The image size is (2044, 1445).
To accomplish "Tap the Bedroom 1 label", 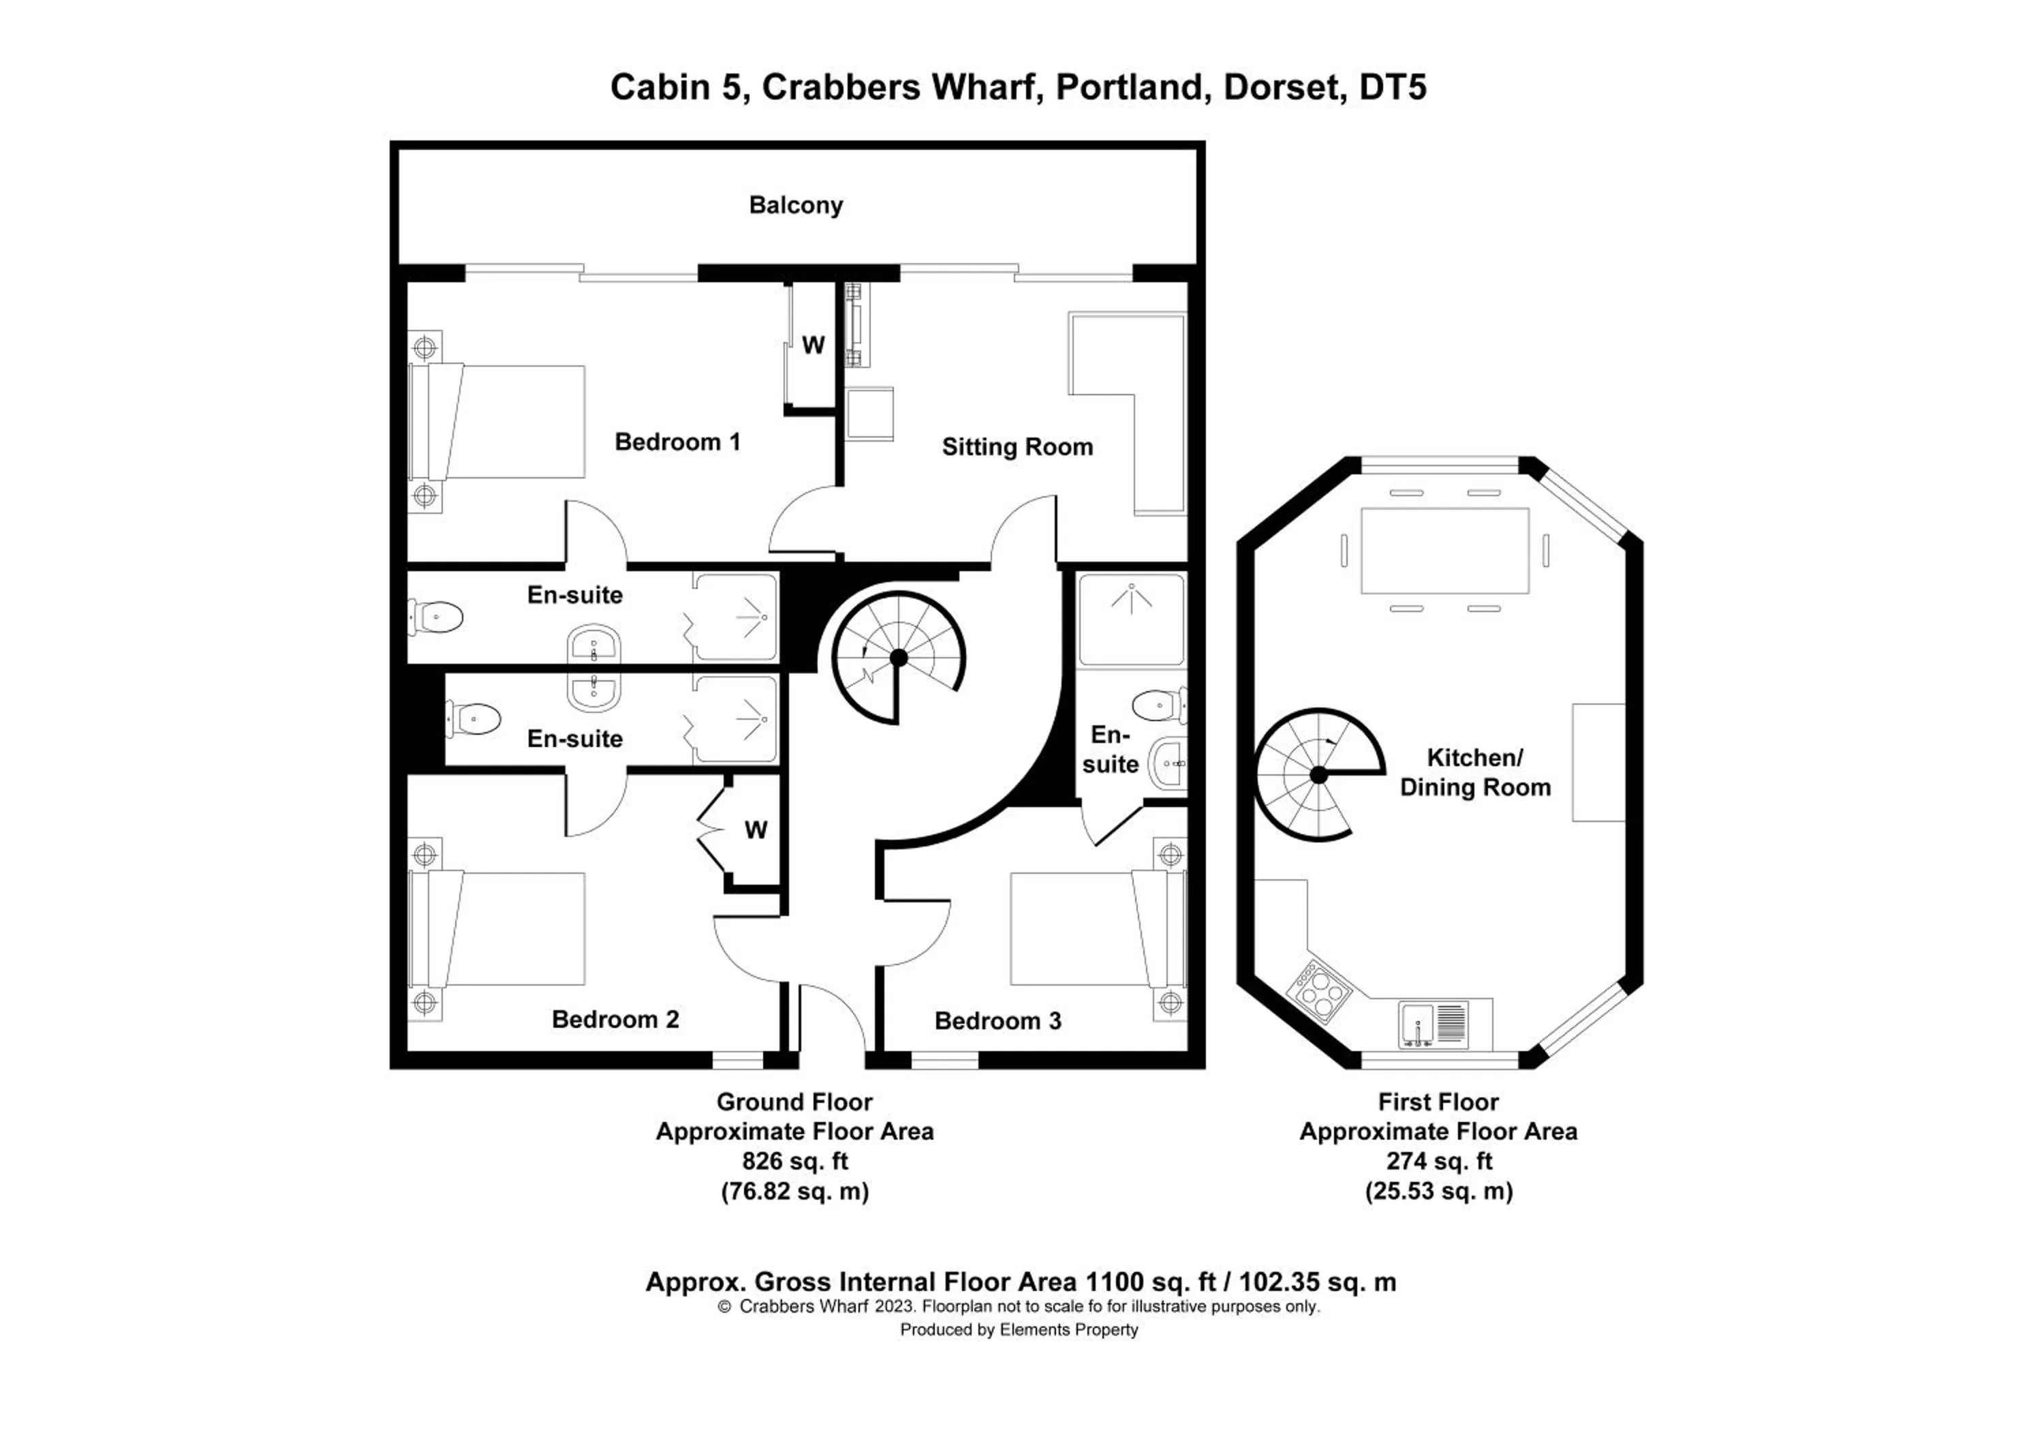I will [x=677, y=442].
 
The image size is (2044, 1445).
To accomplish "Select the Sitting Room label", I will [x=1017, y=447].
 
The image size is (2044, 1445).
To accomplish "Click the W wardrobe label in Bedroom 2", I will [x=756, y=830].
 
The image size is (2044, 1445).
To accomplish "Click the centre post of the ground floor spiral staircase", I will [x=898, y=658].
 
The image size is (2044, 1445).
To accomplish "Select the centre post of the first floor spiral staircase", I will [x=1318, y=776].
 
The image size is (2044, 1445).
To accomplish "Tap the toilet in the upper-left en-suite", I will [x=436, y=617].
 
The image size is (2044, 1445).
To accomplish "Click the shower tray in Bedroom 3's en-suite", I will [x=1130, y=620].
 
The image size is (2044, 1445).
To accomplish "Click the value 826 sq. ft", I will [x=794, y=1161].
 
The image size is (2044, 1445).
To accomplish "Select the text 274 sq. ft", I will [x=1438, y=1161].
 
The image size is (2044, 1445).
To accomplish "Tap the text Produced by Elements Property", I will [x=1019, y=1330].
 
